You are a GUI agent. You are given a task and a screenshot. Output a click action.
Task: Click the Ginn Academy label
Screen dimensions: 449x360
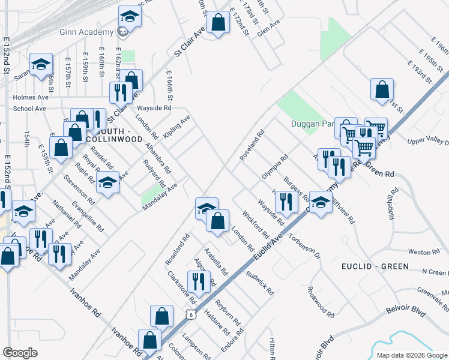point(85,32)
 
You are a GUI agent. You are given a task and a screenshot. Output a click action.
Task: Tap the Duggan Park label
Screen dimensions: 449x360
point(312,124)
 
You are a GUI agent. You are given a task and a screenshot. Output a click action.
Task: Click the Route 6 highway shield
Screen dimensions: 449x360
point(190,314)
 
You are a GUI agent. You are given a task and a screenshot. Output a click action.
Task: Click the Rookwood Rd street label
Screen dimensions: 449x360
point(319,301)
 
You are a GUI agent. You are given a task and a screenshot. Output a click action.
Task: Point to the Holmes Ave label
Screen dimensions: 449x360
point(31,97)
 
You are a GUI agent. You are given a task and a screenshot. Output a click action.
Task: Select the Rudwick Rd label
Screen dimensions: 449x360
point(260,283)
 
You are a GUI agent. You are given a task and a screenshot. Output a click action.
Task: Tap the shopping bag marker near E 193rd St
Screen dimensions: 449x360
point(382,89)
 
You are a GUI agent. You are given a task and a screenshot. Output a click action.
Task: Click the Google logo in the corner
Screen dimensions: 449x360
point(20,353)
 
